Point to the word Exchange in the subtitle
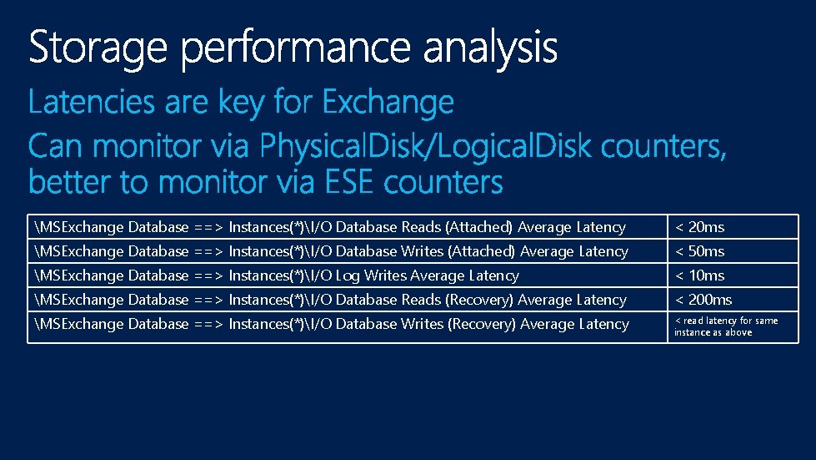click(388, 103)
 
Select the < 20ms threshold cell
click(699, 227)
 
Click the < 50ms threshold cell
click(699, 251)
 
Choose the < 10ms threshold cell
click(699, 275)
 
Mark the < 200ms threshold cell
click(703, 300)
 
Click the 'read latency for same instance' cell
click(725, 326)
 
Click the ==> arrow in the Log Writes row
click(208, 275)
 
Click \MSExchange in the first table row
click(79, 227)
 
